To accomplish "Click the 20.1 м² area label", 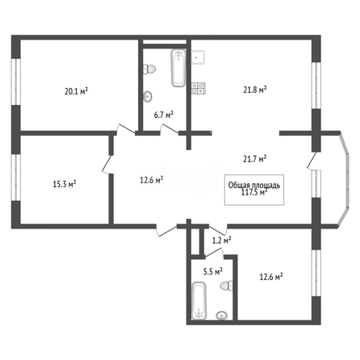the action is [x=77, y=91].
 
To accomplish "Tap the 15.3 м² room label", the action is [x=65, y=184].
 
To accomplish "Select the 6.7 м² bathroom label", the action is [x=164, y=115].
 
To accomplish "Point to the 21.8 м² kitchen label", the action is [x=255, y=90].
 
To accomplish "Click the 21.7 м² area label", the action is [x=255, y=159].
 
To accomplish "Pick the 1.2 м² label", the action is [x=222, y=241].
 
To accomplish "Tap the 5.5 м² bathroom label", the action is [x=213, y=272].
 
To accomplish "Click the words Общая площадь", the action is [x=254, y=185].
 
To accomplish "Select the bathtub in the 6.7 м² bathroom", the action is [x=178, y=68].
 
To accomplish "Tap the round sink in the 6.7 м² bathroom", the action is [x=148, y=97].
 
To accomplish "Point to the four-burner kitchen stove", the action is [x=199, y=88].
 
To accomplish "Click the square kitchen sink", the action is [x=198, y=57].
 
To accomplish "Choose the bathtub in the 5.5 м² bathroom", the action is [x=199, y=300].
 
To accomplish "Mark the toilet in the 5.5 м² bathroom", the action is [x=227, y=286].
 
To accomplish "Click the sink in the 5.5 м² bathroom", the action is [x=222, y=316].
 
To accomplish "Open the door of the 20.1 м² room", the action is [x=126, y=129].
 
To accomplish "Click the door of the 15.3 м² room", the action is [x=107, y=164].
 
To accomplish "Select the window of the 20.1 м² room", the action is [x=16, y=82].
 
